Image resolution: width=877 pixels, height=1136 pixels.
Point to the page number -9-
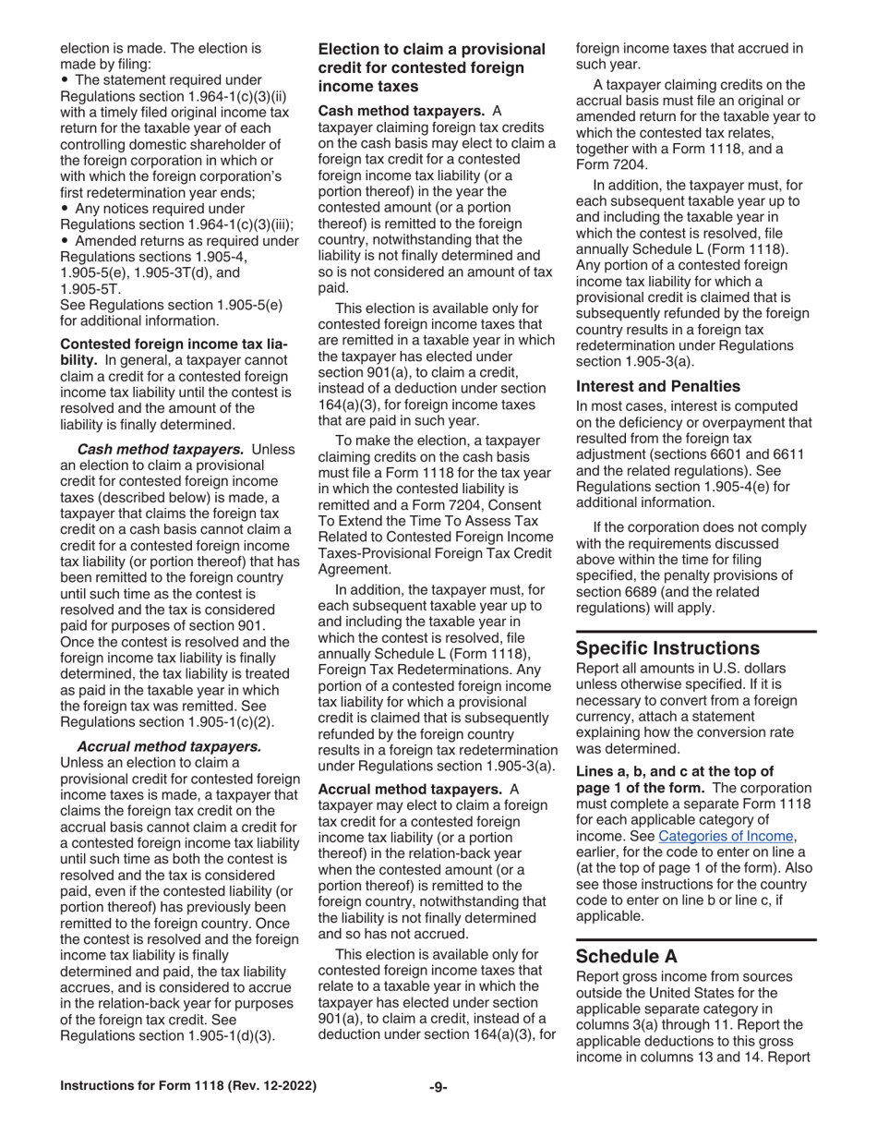[x=438, y=1087]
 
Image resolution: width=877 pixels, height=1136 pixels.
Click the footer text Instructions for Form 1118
[x=187, y=1087]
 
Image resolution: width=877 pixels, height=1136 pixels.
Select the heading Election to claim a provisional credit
[x=431, y=67]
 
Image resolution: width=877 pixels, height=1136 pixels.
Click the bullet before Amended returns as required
[x=64, y=241]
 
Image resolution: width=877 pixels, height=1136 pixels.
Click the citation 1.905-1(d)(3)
[x=222, y=1035]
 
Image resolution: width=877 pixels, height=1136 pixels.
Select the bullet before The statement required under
[x=64, y=80]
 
